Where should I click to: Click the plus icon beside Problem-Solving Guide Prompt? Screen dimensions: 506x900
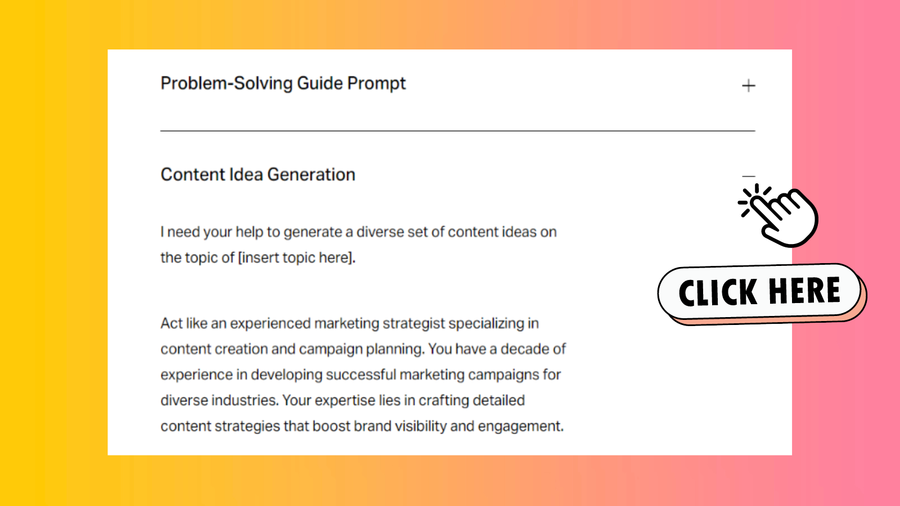[x=748, y=86]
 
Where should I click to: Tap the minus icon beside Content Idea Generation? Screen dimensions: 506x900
[x=748, y=177]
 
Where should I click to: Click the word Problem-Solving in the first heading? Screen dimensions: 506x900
[x=227, y=84]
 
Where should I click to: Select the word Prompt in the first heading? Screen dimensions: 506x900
[x=376, y=84]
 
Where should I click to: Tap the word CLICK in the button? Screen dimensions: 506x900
[x=718, y=293]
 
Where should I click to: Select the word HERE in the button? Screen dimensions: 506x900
[x=804, y=291]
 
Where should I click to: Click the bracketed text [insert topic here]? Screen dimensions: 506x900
[x=296, y=258]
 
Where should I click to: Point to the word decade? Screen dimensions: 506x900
[x=525, y=349]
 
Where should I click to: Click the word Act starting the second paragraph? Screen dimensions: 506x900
[x=171, y=324]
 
